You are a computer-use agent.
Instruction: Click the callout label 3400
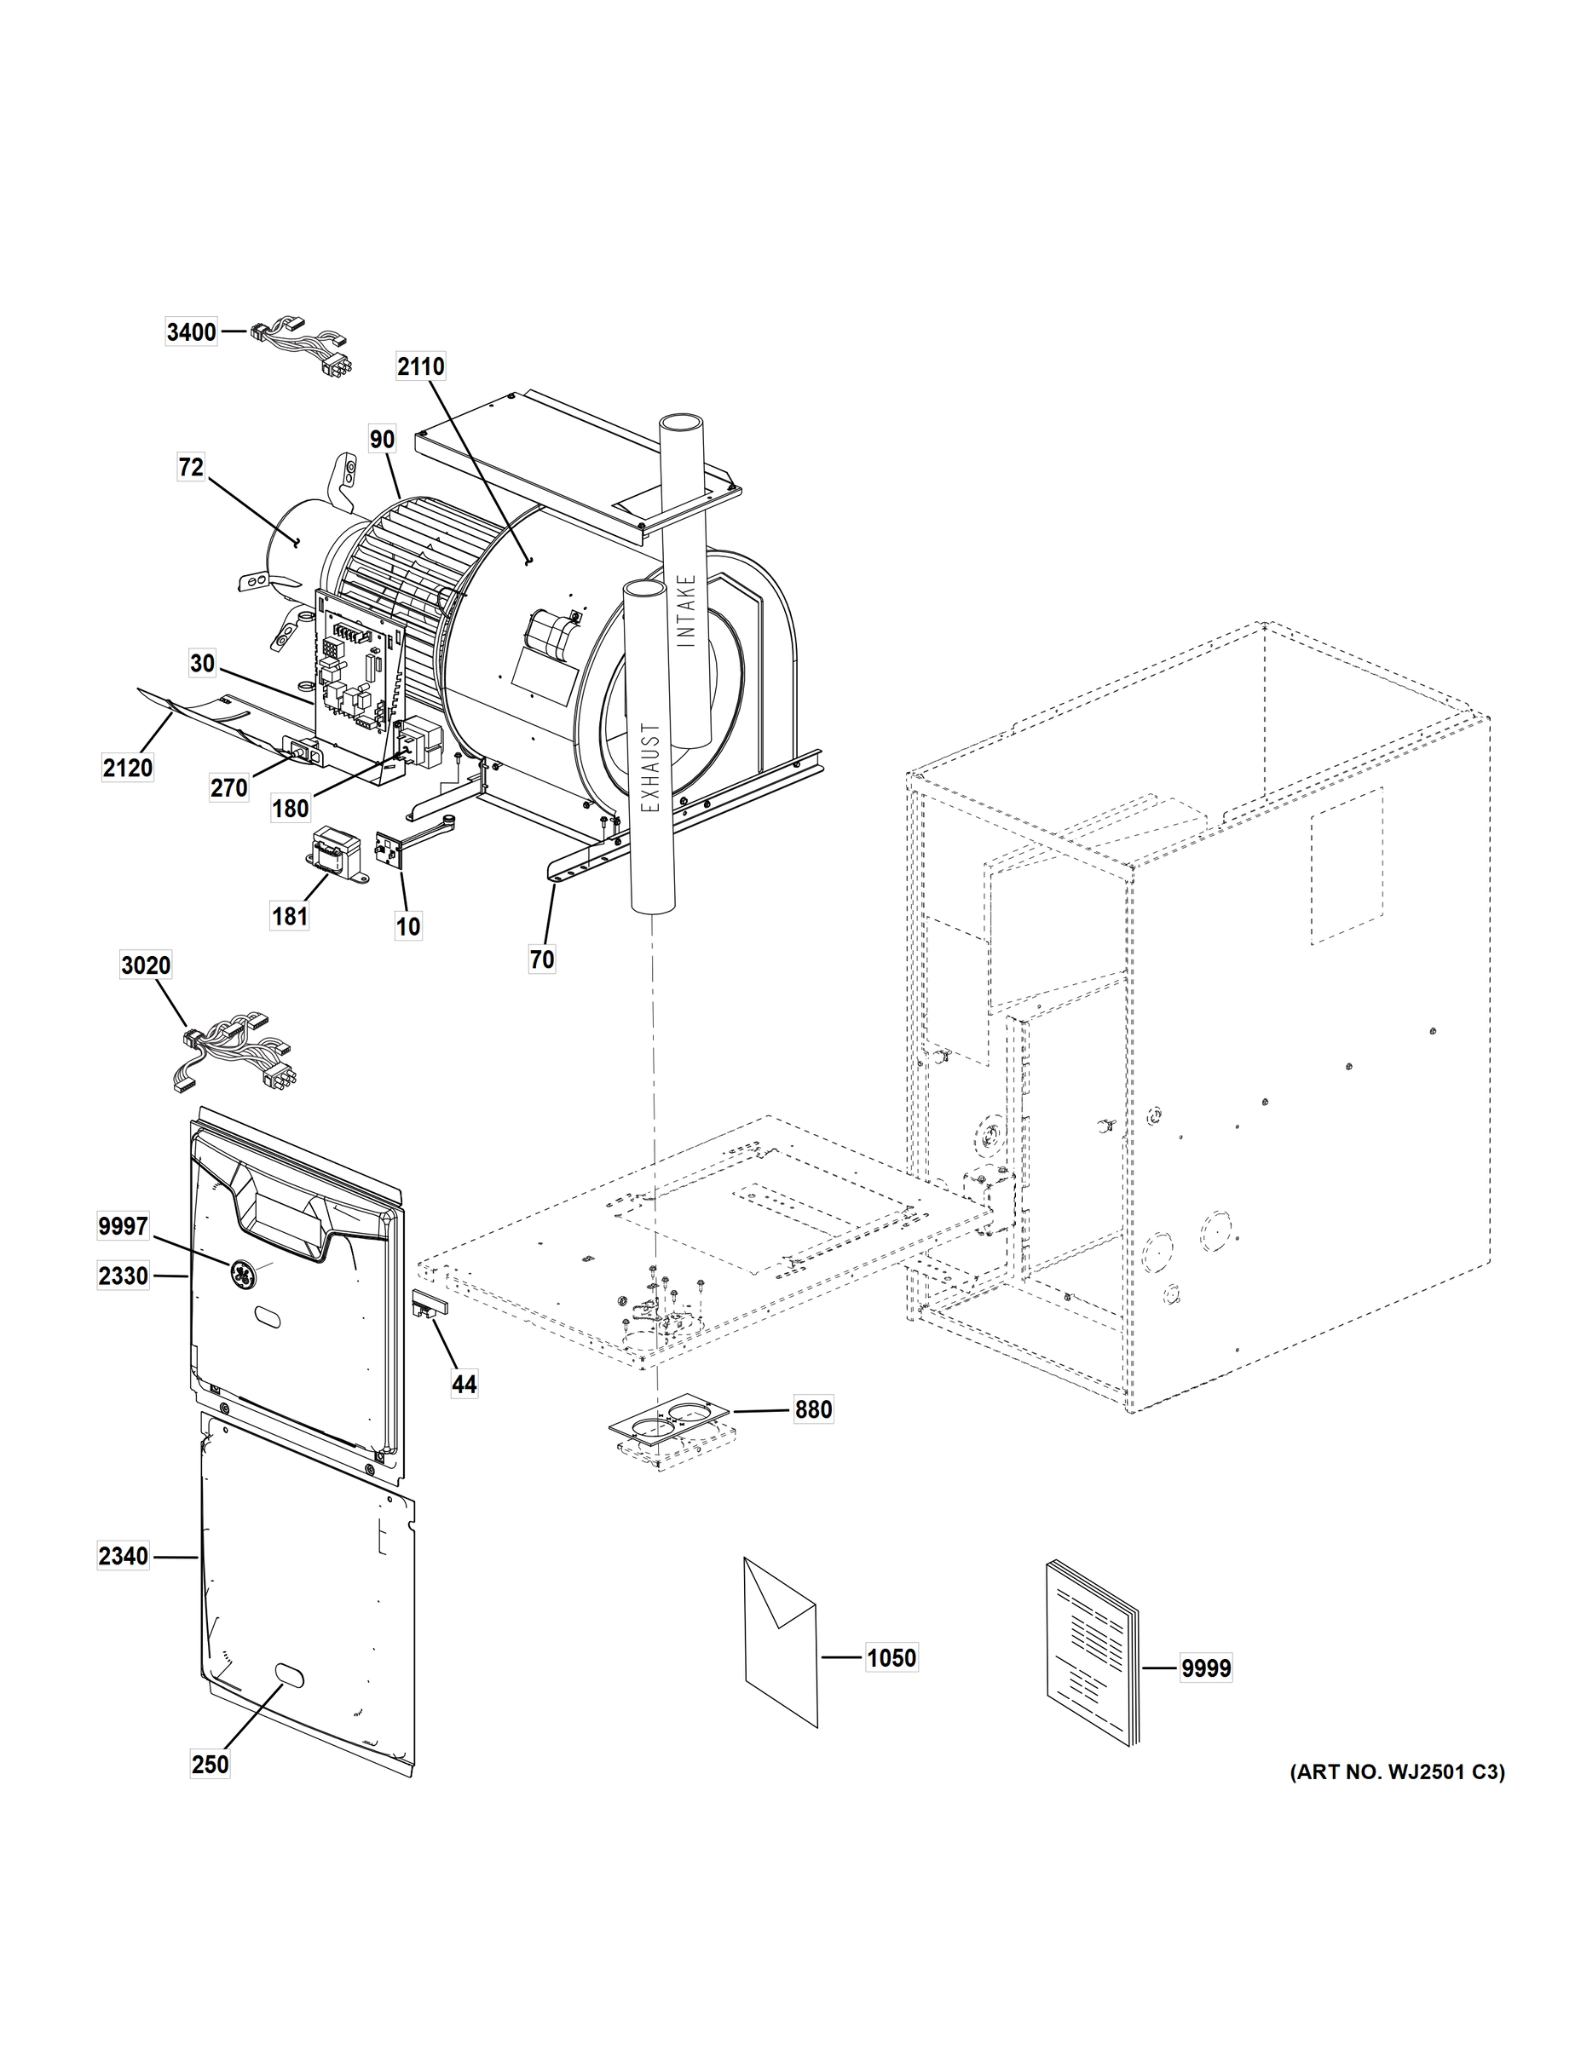(191, 332)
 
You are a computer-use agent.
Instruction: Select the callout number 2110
(420, 366)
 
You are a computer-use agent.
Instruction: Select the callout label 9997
(123, 1224)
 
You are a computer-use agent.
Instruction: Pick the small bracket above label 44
(430, 1305)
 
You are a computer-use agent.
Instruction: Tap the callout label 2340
(123, 1556)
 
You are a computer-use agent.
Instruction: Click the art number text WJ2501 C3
(1397, 1771)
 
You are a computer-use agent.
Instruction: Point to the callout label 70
(542, 959)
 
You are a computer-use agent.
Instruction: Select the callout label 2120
(127, 768)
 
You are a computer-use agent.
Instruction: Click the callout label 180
(291, 808)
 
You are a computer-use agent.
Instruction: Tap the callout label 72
(191, 466)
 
